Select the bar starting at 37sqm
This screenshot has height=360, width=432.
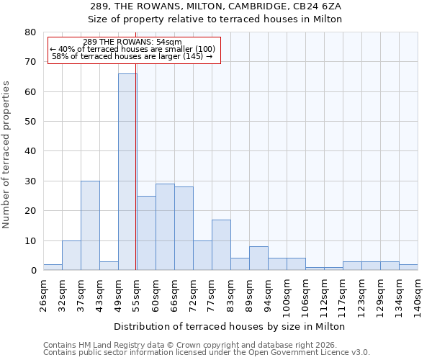pos(90,225)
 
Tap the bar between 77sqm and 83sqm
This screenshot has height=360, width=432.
pos(221,245)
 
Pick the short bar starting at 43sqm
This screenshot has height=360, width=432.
pos(109,266)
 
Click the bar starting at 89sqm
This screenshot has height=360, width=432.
pos(258,258)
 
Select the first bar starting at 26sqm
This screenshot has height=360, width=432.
pos(53,267)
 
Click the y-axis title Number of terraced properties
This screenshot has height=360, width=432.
pos(7,154)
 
